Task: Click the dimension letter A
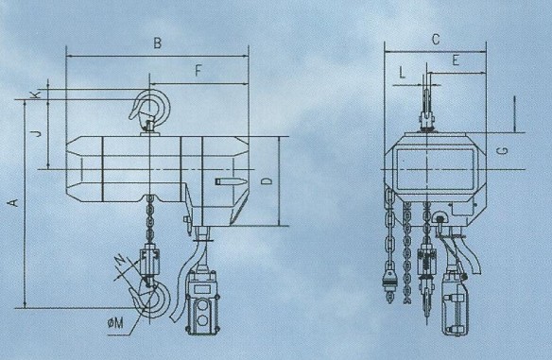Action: point(13,203)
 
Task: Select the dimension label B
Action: point(157,43)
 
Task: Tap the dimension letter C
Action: point(436,39)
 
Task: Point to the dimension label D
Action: point(267,180)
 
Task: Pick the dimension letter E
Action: point(456,60)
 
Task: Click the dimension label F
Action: point(198,71)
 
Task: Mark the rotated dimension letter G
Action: point(504,151)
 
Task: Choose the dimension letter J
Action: point(36,132)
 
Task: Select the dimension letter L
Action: point(403,73)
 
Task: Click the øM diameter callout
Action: point(116,323)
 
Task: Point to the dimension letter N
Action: point(121,261)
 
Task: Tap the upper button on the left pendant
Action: point(202,305)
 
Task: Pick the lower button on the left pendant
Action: point(202,320)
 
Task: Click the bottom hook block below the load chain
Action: point(150,262)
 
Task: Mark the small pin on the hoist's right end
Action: point(229,181)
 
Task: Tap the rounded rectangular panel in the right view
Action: point(436,170)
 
